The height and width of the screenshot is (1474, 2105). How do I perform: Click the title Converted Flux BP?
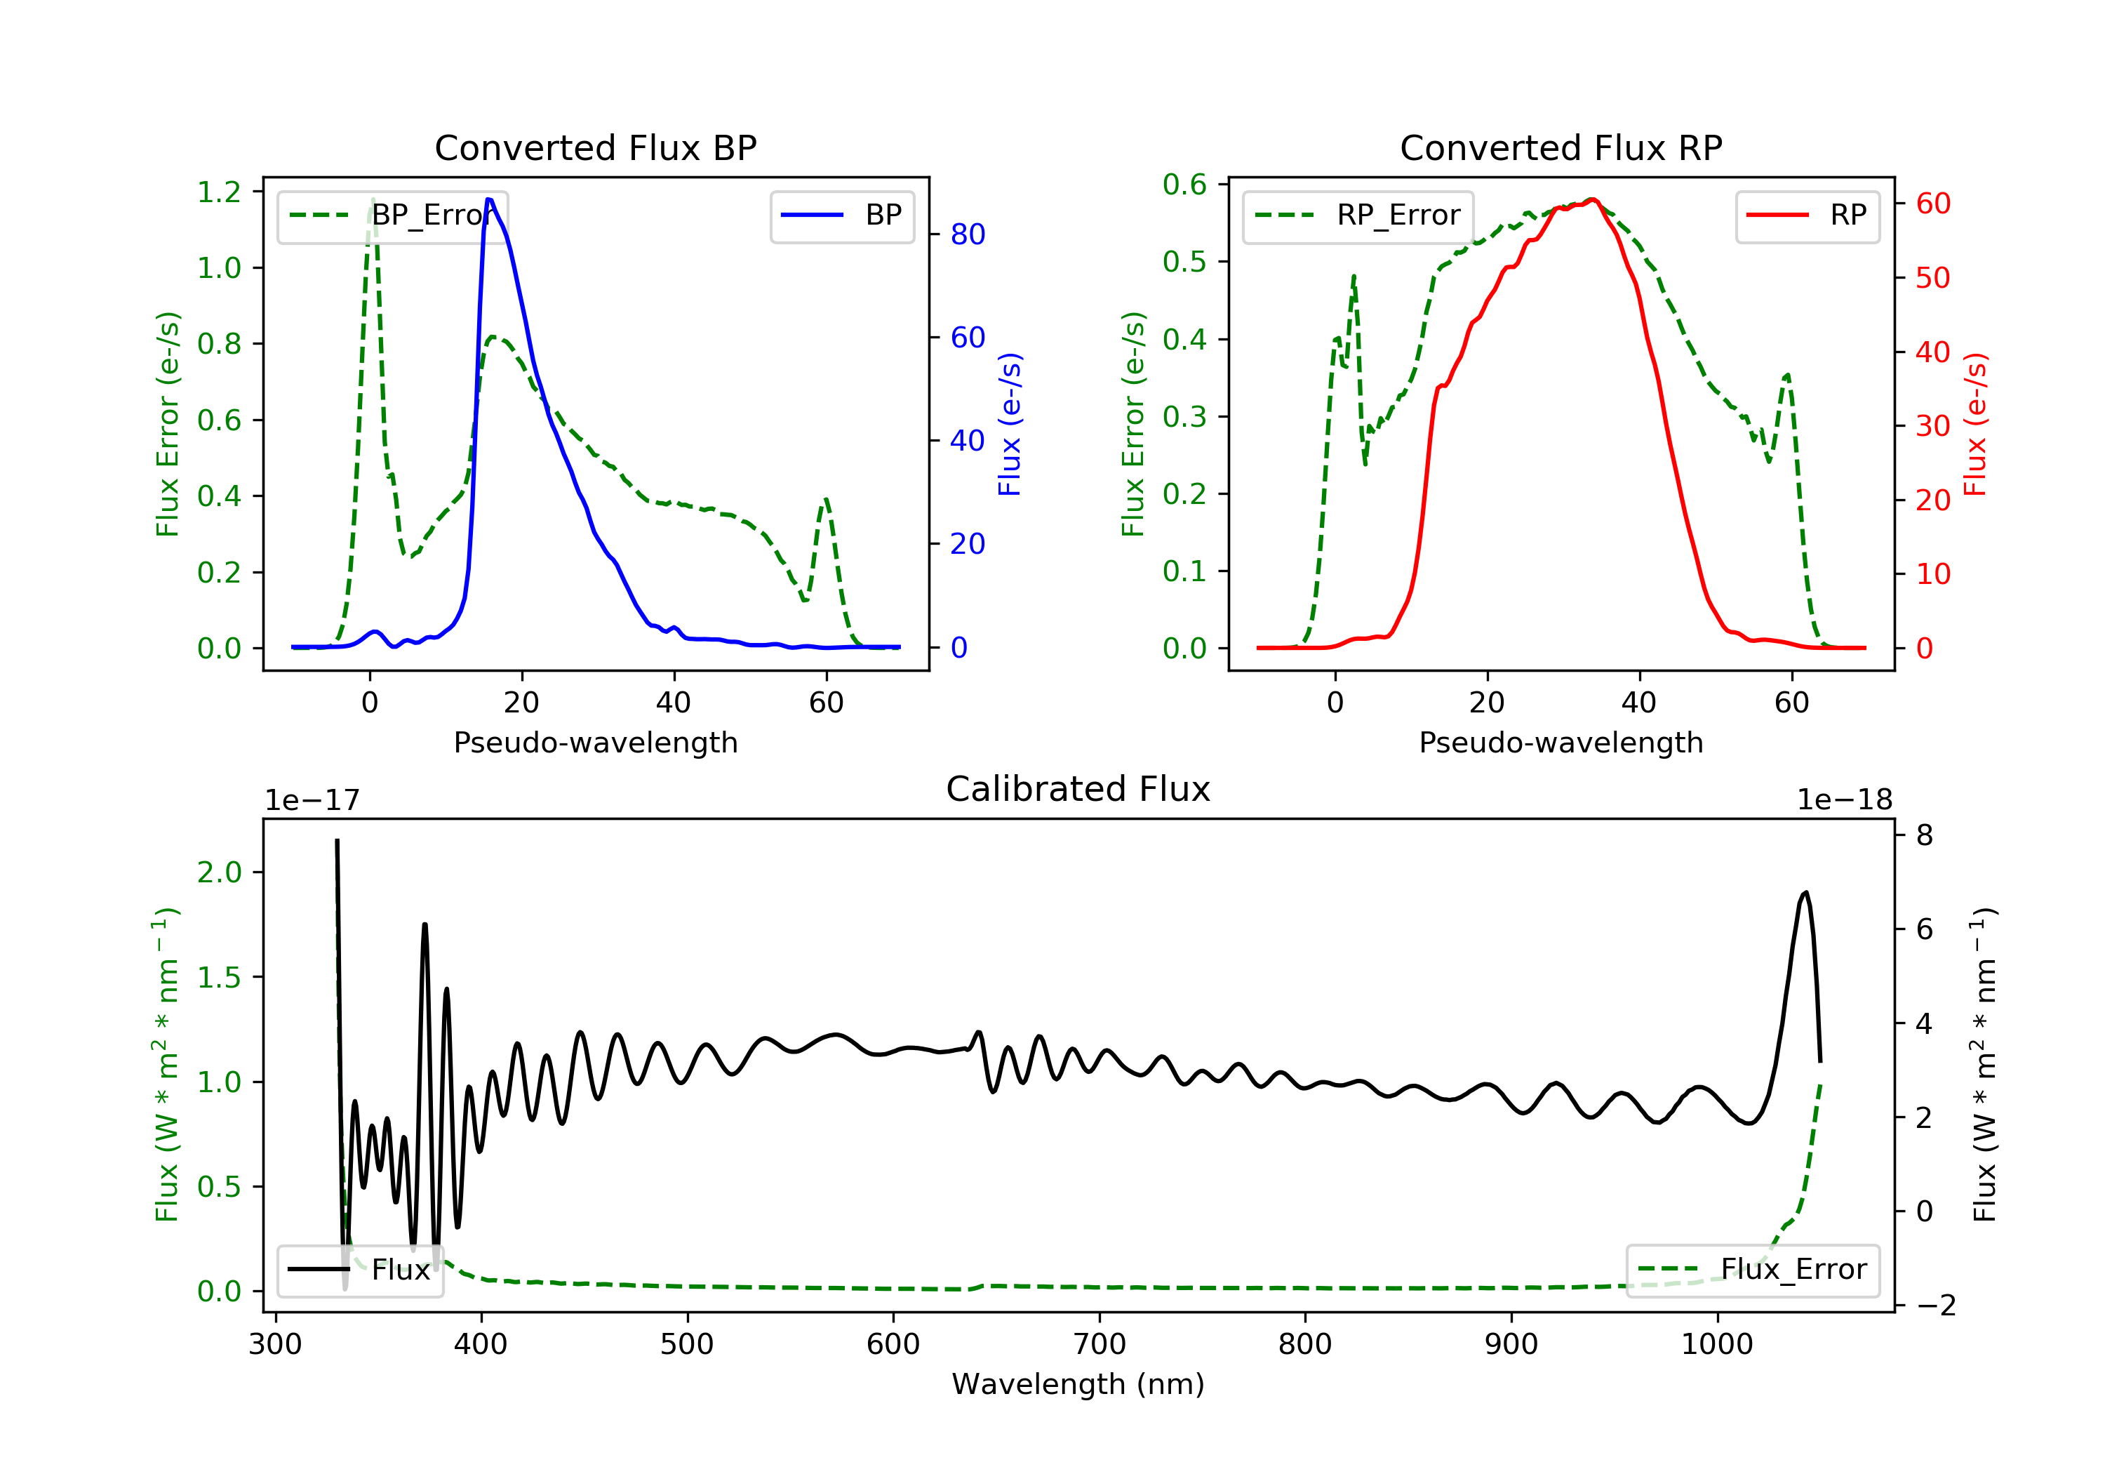click(x=596, y=147)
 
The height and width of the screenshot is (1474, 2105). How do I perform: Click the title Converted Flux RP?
click(x=1561, y=147)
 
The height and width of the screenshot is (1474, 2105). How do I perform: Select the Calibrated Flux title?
click(x=1078, y=789)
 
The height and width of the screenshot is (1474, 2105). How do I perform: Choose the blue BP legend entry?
click(x=841, y=215)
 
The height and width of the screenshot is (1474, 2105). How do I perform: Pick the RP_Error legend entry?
click(x=1358, y=215)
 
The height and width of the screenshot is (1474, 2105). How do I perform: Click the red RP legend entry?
click(x=1807, y=215)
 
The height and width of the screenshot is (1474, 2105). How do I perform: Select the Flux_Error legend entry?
click(x=1753, y=1270)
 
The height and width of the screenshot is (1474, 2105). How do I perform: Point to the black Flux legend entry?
click(x=359, y=1270)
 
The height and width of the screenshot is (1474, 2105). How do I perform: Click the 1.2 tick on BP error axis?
click(x=219, y=192)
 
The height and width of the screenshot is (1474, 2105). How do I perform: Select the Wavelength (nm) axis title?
click(x=1078, y=1383)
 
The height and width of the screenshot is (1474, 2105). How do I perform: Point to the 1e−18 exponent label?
click(x=1845, y=800)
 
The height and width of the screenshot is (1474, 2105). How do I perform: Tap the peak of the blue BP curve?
click(x=490, y=199)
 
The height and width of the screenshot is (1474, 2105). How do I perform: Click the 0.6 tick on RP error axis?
click(x=1184, y=185)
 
